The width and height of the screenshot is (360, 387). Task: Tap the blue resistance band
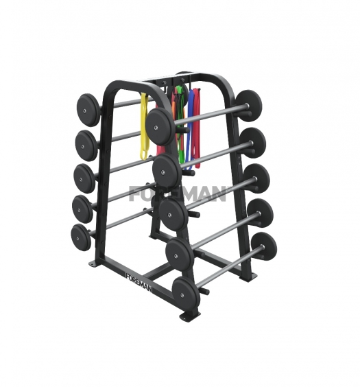190,128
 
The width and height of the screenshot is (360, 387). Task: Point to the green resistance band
181,128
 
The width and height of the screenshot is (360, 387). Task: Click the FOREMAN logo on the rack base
139,282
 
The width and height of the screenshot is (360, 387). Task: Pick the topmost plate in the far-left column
88,110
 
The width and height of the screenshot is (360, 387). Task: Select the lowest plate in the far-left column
82,237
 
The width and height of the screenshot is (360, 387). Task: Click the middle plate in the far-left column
84,178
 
